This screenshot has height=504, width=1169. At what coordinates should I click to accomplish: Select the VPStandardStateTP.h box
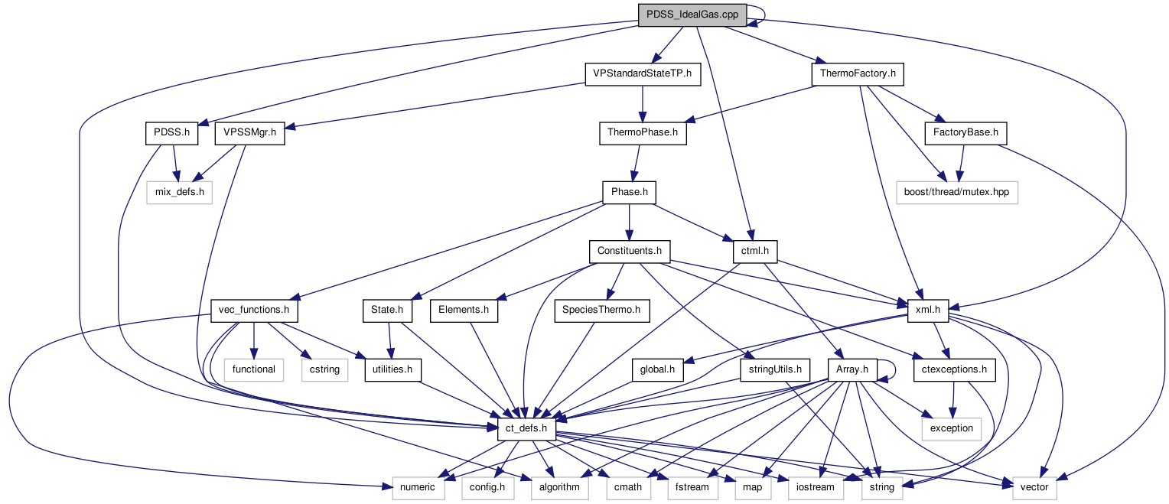tap(642, 74)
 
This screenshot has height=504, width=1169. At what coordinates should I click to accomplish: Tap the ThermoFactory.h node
tap(858, 74)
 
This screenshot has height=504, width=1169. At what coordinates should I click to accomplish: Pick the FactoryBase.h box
tap(965, 133)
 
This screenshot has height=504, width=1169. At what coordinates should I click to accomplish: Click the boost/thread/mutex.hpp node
tap(957, 192)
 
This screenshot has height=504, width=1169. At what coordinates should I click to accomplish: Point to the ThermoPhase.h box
tap(643, 133)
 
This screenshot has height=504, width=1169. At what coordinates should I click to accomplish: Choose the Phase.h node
tap(629, 192)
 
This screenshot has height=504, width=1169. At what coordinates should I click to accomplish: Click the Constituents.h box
tap(629, 251)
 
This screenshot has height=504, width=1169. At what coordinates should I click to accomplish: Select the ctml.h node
tap(755, 251)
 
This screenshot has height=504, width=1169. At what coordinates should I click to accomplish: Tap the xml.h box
tap(927, 311)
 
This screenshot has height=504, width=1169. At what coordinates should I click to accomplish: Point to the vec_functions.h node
tap(254, 311)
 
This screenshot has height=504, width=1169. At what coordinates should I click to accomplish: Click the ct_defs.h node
tap(526, 428)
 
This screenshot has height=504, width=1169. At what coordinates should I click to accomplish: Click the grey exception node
tap(951, 428)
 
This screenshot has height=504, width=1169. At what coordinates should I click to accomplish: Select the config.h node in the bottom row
tap(487, 487)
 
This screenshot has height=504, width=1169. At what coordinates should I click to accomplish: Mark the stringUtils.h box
tap(774, 369)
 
